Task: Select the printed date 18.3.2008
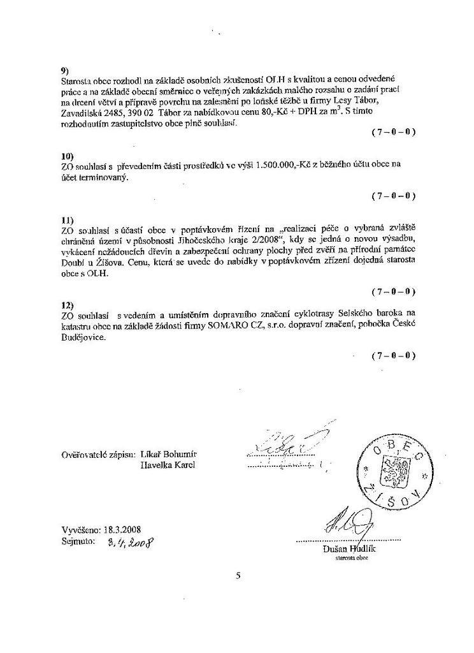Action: tap(124, 530)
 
